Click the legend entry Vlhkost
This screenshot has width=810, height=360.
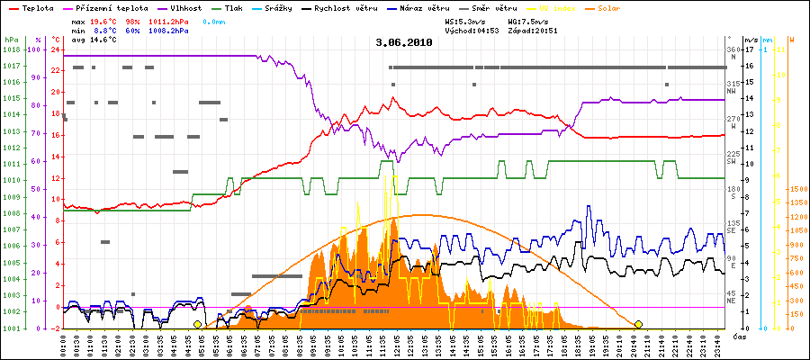tap(184, 7)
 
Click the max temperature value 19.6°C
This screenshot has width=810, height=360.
tap(104, 20)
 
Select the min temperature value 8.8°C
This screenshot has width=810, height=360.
tap(104, 30)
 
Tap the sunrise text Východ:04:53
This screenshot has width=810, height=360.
tap(472, 30)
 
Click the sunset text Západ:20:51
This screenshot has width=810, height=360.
tap(533, 30)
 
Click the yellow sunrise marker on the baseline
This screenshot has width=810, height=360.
tap(197, 324)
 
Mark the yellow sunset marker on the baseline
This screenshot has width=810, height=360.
tap(638, 324)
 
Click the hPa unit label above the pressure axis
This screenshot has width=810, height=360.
tap(10, 40)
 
